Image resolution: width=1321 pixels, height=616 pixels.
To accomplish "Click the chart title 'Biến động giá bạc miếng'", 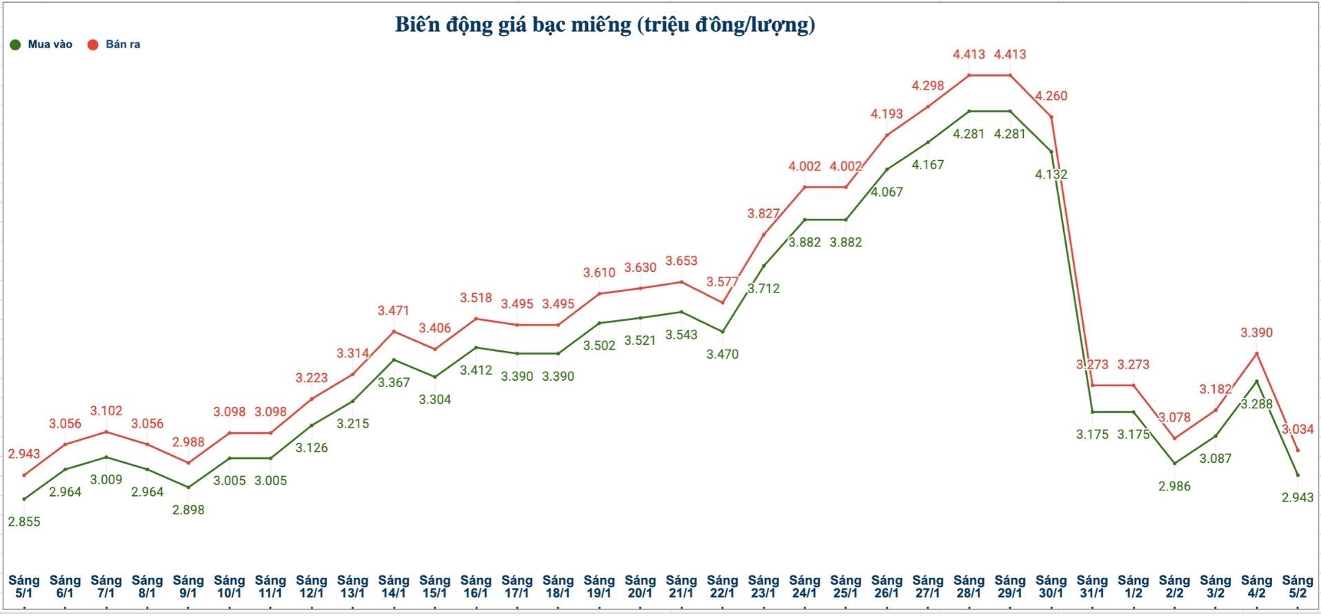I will [605, 25].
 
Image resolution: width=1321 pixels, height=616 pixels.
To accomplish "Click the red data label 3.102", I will [106, 410].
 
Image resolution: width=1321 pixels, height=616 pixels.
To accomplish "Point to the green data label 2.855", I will [24, 521].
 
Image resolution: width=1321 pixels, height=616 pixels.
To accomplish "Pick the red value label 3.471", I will [394, 311].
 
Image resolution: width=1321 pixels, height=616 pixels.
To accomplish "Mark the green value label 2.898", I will [188, 510].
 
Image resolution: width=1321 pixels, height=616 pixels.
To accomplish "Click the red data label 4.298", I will [928, 86].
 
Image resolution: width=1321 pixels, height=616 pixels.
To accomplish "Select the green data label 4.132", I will [1051, 175].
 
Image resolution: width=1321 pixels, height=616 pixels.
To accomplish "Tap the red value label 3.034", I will [1298, 429].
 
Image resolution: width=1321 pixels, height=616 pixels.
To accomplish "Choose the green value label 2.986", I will [1174, 486].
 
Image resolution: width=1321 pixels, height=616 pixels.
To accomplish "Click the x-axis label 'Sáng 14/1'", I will [394, 586].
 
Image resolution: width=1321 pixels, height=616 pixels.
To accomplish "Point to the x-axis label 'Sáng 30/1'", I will [1051, 586].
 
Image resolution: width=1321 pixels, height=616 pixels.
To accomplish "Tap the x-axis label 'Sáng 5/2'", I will [1298, 586].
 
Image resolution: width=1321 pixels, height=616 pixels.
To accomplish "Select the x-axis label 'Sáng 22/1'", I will [723, 586].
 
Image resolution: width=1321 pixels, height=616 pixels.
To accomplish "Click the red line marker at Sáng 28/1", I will [969, 75].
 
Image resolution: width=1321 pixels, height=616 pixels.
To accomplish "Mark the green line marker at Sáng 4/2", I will [1257, 381].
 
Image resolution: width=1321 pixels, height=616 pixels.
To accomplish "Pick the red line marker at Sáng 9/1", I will [188, 463].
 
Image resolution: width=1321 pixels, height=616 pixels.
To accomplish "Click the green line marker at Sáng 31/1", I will [1093, 412].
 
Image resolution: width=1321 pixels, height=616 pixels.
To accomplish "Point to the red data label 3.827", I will [764, 214].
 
